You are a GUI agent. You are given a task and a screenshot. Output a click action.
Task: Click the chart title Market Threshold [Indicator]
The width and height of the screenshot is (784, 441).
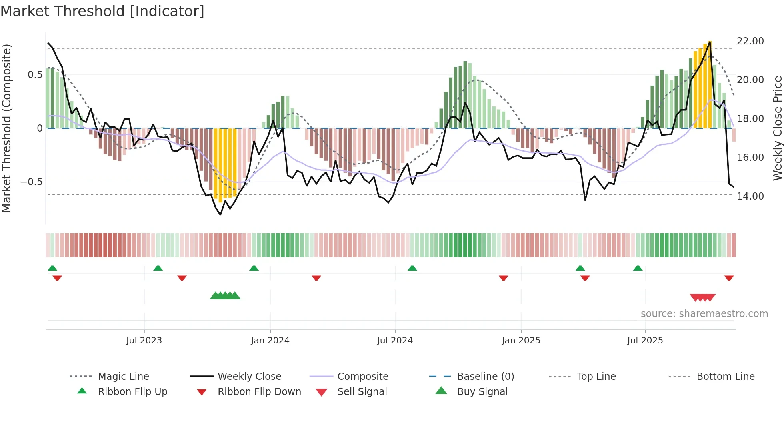click(x=102, y=11)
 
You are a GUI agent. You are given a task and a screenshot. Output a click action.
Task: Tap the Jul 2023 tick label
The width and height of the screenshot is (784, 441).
click(x=144, y=341)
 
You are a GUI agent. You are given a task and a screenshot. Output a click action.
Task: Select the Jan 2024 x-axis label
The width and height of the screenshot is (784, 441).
click(x=270, y=341)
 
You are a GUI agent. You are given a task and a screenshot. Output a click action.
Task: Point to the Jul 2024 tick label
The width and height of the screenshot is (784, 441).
click(x=395, y=341)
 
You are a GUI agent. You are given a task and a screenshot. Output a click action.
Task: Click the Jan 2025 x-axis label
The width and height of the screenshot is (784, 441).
click(x=521, y=341)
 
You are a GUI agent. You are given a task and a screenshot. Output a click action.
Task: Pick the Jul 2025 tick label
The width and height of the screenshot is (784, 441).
click(x=645, y=341)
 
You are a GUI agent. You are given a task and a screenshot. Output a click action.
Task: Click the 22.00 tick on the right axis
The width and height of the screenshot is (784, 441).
click(x=750, y=41)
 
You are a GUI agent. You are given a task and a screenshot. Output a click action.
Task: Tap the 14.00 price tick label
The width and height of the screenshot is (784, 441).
click(x=750, y=196)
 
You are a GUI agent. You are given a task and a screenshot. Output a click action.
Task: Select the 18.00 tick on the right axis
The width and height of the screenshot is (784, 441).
click(x=750, y=119)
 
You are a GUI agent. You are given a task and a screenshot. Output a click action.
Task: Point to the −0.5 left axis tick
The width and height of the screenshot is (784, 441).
click(x=31, y=182)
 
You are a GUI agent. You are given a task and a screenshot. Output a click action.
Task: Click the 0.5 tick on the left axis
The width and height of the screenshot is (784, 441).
click(x=35, y=75)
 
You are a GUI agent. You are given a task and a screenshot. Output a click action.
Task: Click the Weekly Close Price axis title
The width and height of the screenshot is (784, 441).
click(x=777, y=128)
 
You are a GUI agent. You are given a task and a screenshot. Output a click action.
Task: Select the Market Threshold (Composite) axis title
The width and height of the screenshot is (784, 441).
click(x=6, y=128)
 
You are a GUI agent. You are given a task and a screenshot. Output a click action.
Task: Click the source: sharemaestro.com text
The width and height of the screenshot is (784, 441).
click(x=704, y=314)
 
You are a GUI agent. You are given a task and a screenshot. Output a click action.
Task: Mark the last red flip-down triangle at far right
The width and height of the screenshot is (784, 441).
click(x=729, y=278)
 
